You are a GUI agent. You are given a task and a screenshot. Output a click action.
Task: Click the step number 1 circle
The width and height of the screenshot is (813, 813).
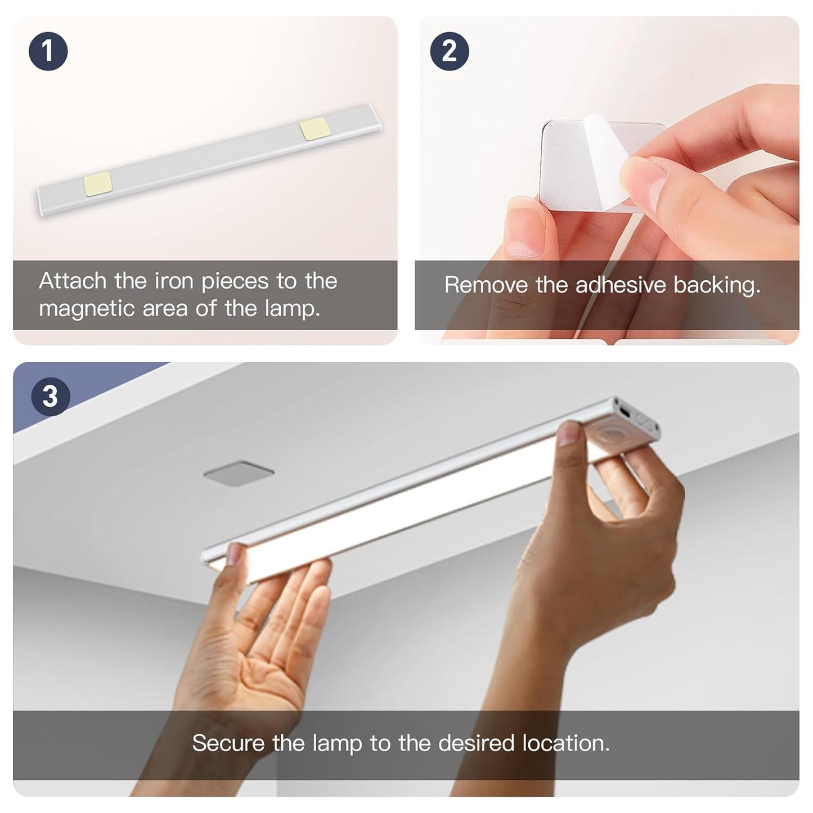(x=48, y=51)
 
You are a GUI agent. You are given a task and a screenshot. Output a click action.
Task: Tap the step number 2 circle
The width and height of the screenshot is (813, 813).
(x=449, y=51)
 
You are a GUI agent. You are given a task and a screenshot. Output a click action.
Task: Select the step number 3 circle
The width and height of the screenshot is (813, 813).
(x=51, y=396)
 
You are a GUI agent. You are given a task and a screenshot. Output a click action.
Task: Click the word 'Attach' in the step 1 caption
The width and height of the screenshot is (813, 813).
(x=73, y=281)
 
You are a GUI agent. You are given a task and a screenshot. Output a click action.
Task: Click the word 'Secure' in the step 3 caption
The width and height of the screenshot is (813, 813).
(x=228, y=743)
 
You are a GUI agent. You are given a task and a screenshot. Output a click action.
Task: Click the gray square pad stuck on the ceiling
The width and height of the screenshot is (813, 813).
(x=239, y=475)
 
